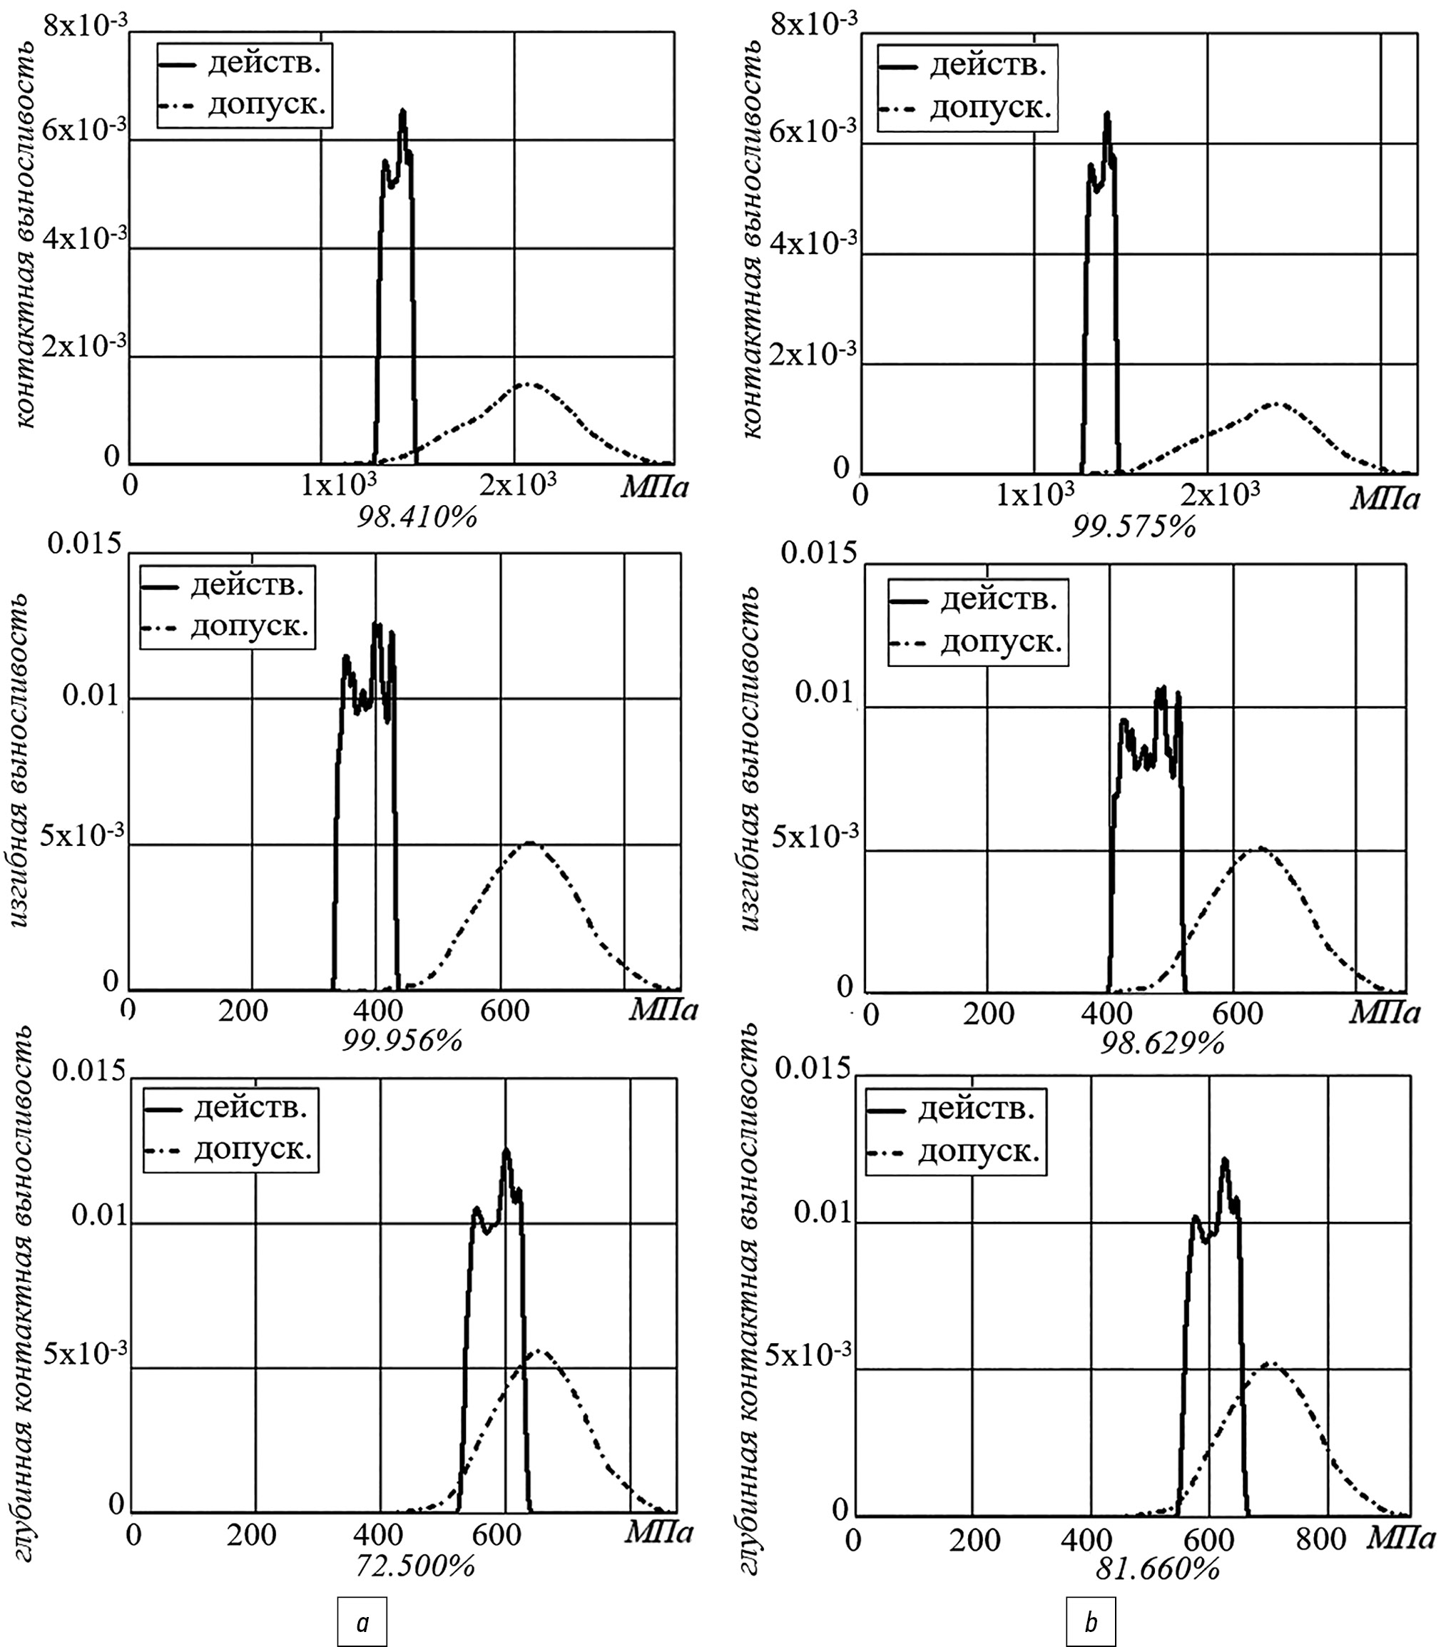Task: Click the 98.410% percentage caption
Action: click(x=417, y=517)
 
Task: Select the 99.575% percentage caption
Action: click(x=1134, y=526)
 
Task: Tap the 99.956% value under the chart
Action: click(x=402, y=1041)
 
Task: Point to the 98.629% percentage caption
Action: click(x=1162, y=1044)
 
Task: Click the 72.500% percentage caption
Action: click(x=415, y=1566)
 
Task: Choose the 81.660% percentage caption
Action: click(x=1157, y=1569)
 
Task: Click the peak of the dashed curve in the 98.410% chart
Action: click(x=526, y=384)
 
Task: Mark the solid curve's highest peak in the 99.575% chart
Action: click(x=1107, y=114)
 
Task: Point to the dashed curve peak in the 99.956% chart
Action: click(x=529, y=843)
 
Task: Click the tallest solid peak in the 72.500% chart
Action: click(x=506, y=1151)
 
